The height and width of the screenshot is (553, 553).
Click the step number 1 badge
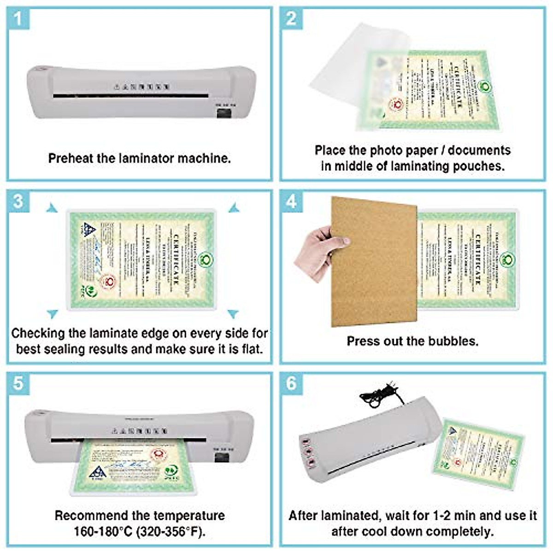tap(18, 19)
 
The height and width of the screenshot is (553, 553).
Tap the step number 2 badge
tap(291, 19)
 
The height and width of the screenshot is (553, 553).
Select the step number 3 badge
tap(18, 201)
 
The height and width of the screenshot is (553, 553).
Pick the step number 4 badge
tap(291, 201)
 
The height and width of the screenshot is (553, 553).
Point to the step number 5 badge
tap(18, 383)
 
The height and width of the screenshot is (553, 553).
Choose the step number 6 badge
tap(291, 383)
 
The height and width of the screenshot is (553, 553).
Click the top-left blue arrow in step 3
tap(52, 208)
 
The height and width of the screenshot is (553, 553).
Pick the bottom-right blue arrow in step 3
tap(233, 314)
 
